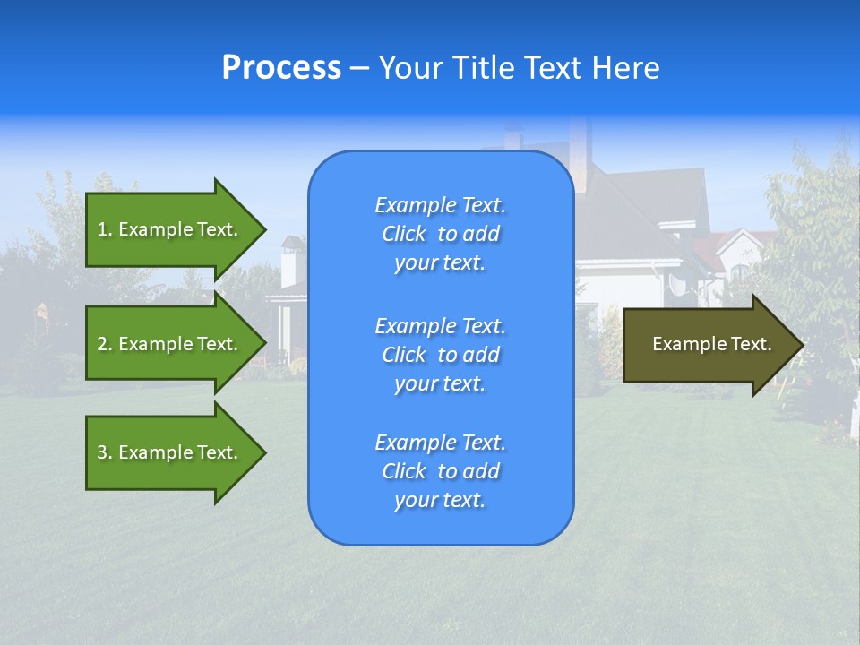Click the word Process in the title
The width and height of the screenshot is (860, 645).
click(281, 68)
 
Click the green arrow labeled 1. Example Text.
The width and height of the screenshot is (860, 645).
click(170, 229)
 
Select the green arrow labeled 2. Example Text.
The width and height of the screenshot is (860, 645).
click(170, 344)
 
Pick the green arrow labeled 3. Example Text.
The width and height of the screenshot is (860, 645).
click(170, 452)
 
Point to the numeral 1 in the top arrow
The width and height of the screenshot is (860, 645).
click(101, 229)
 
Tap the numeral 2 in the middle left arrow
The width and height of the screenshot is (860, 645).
click(102, 344)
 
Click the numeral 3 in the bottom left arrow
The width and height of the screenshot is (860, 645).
click(102, 452)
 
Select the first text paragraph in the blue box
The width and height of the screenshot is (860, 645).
click(440, 234)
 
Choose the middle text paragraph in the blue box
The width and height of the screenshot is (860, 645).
click(440, 355)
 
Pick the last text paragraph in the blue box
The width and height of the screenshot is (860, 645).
click(440, 471)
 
